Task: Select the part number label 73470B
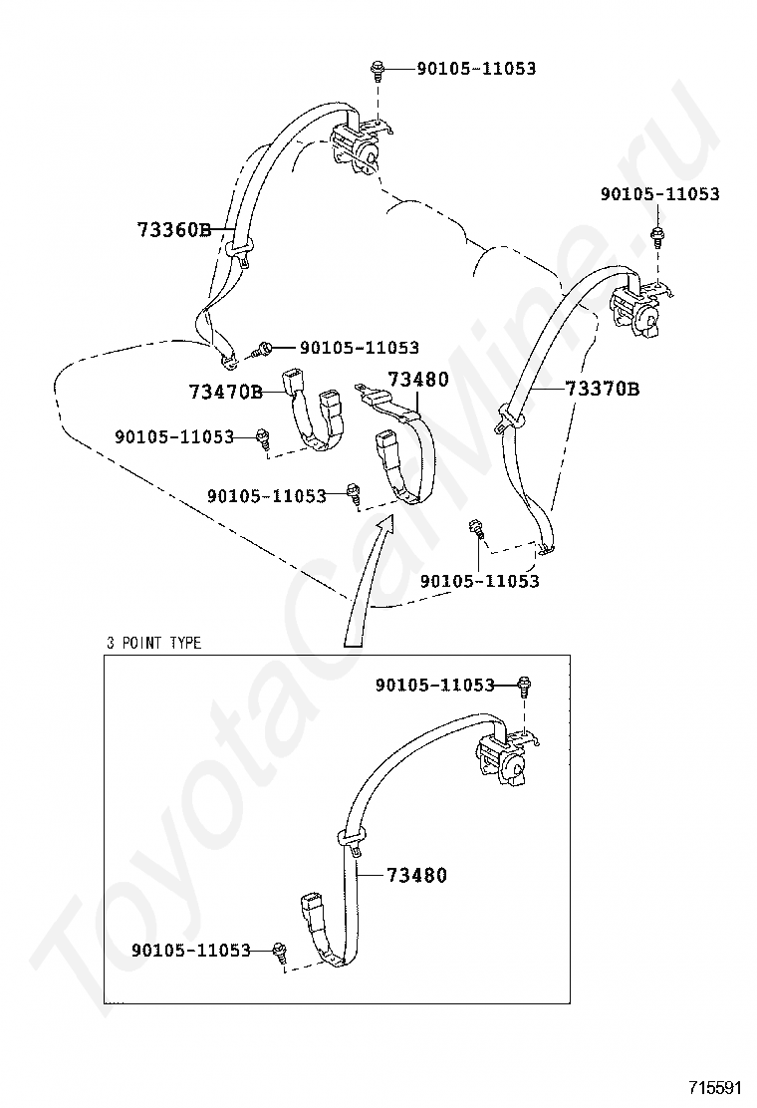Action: pyautogui.click(x=225, y=392)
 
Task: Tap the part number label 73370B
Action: pyautogui.click(x=602, y=389)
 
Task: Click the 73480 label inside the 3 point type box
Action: pyautogui.click(x=416, y=876)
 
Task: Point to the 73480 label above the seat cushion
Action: pyautogui.click(x=418, y=380)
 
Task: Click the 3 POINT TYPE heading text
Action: pyautogui.click(x=154, y=643)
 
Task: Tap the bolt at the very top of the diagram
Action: pyautogui.click(x=378, y=69)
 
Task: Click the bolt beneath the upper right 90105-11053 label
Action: pyautogui.click(x=657, y=237)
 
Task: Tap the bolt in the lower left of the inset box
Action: pyautogui.click(x=280, y=952)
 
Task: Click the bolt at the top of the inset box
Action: pyautogui.click(x=525, y=685)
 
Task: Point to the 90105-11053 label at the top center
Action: pyautogui.click(x=476, y=69)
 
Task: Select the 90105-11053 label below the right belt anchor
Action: pyautogui.click(x=479, y=581)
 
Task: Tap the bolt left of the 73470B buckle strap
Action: pyautogui.click(x=263, y=436)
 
